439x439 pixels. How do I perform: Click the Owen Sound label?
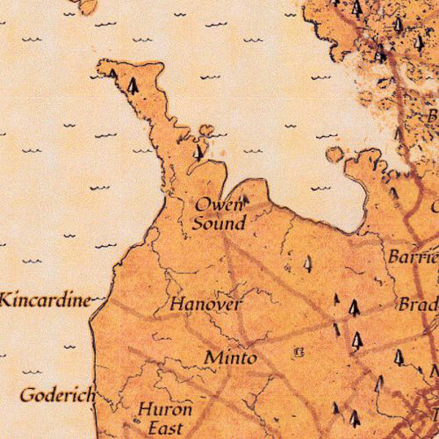tap(219, 214)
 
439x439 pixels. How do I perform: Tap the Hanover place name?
tap(206, 304)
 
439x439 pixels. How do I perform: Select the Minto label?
tap(230, 358)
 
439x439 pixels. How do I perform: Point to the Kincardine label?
tap(46, 299)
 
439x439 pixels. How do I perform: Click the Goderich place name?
tap(57, 396)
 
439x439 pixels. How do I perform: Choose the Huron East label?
tap(165, 418)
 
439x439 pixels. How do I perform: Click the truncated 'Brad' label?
tap(417, 304)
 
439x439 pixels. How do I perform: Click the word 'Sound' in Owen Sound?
tap(219, 223)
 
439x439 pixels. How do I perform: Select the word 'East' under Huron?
tap(165, 427)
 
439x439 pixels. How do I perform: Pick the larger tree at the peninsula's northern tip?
tap(132, 86)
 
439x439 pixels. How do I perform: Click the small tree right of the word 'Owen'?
tap(246, 198)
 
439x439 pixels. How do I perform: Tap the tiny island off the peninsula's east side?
tap(207, 130)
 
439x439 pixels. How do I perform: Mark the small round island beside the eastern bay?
tap(334, 154)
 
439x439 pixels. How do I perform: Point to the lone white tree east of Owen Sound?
tap(308, 263)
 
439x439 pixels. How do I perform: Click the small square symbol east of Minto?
tap(298, 353)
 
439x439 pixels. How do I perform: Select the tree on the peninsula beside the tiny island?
tap(198, 152)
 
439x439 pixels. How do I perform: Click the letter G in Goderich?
tap(29, 396)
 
